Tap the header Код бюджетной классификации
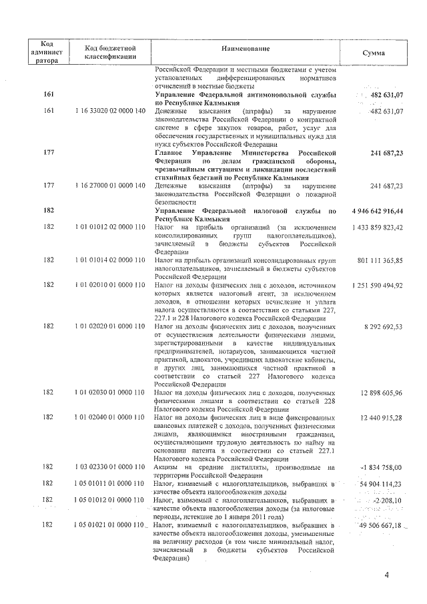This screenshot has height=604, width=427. [111, 53]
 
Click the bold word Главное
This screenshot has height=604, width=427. [171, 153]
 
